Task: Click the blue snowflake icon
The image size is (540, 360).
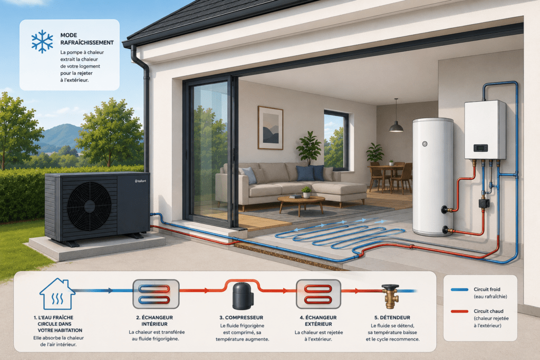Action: tap(42, 41)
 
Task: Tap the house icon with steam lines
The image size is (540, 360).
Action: tap(57, 294)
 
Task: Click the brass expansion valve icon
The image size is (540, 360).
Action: tap(391, 296)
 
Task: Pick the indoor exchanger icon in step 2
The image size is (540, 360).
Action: tap(156, 294)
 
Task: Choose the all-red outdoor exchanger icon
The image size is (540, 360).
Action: tap(319, 294)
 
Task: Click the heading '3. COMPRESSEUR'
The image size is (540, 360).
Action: tap(242, 318)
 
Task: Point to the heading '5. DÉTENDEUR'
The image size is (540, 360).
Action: tap(392, 318)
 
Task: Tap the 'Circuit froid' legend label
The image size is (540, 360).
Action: tap(487, 289)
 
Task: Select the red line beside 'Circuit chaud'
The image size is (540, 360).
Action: tap(459, 312)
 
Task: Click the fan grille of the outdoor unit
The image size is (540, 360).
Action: tap(89, 206)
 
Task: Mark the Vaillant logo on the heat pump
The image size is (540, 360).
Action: tap(140, 181)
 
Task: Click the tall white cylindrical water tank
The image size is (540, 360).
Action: tap(433, 177)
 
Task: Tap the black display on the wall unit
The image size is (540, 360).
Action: tap(480, 148)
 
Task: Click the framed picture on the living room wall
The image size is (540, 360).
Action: tap(271, 128)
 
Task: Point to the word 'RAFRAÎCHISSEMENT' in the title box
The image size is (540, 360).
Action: tap(87, 43)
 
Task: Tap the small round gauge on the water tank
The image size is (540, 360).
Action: tap(425, 144)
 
